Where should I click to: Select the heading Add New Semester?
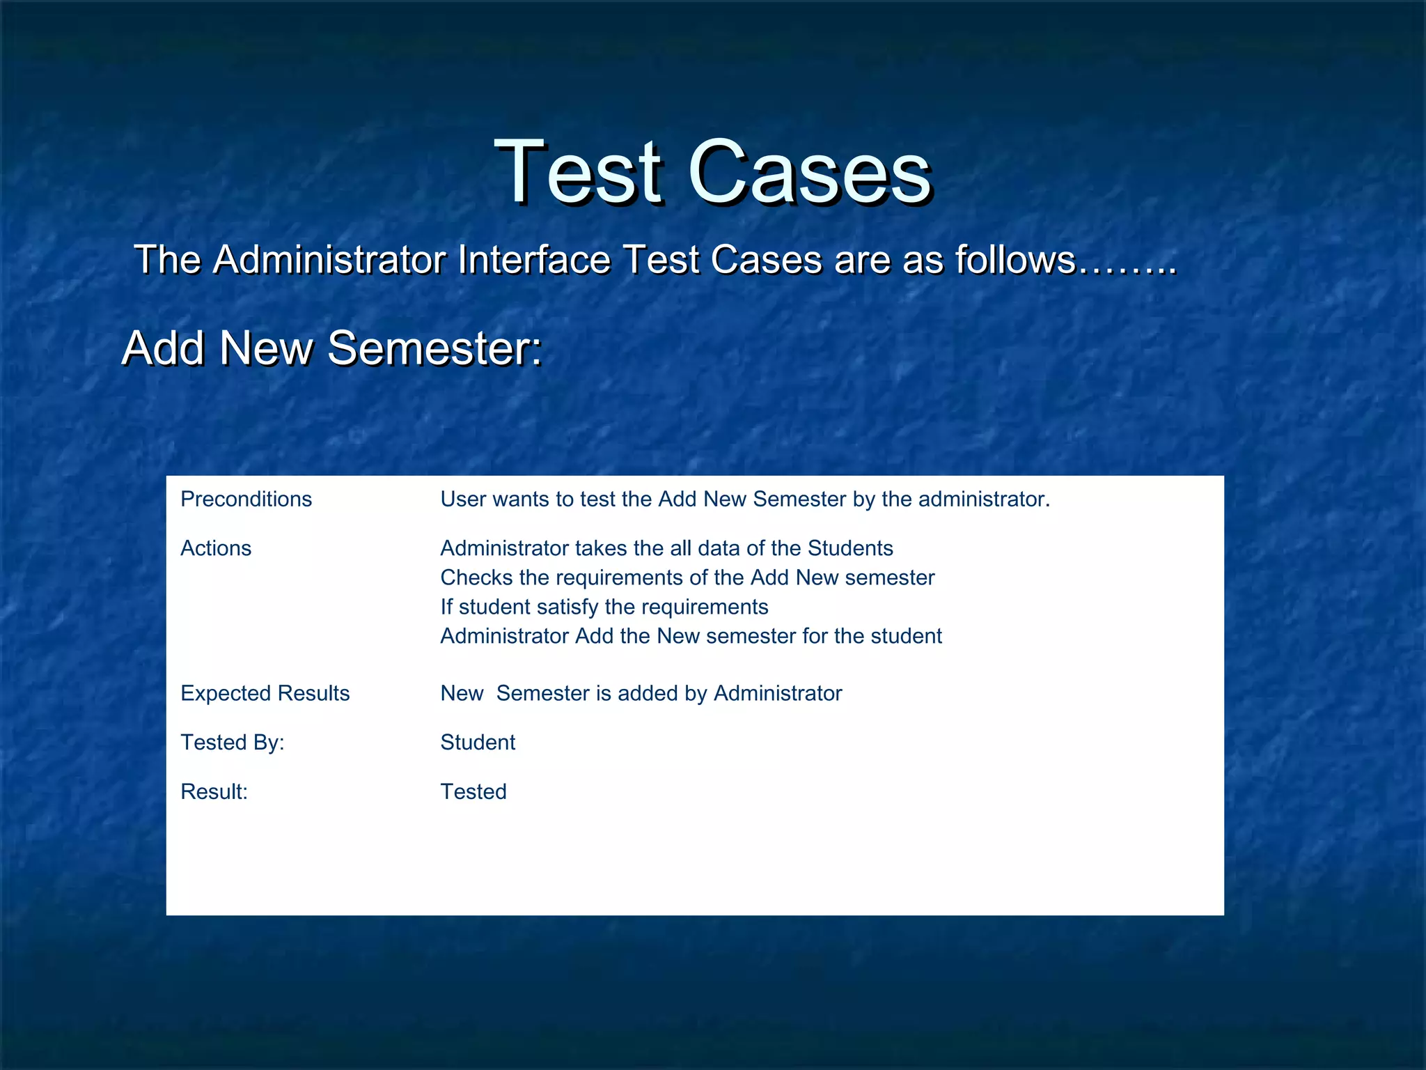(332, 348)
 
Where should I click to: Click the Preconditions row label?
(246, 499)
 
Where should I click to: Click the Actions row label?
(216, 548)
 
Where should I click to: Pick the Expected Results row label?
(265, 693)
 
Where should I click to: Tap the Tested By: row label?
(233, 743)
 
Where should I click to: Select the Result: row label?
(214, 792)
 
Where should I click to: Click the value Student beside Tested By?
(478, 743)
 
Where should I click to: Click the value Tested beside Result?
(473, 792)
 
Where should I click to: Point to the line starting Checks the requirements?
(687, 577)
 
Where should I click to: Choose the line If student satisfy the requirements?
(604, 607)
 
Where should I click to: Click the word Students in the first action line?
(849, 548)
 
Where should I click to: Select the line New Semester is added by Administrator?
(641, 693)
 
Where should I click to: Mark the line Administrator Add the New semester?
(691, 636)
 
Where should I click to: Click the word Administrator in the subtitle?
(329, 260)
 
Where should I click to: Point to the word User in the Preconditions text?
(460, 499)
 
